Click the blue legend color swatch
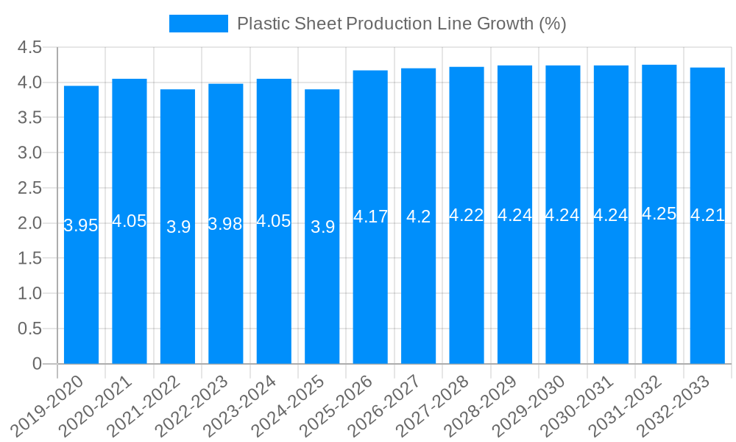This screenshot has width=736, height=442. [x=198, y=24]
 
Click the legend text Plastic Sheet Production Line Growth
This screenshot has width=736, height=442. [x=401, y=24]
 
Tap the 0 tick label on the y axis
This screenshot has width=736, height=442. [x=37, y=364]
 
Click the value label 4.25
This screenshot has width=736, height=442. [x=659, y=214]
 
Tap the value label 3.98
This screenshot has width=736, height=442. [x=225, y=224]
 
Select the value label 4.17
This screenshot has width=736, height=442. [x=370, y=217]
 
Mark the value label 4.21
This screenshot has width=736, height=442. [x=707, y=216]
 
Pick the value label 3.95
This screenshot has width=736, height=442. [x=81, y=225]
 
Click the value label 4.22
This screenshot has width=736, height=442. [x=467, y=215]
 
